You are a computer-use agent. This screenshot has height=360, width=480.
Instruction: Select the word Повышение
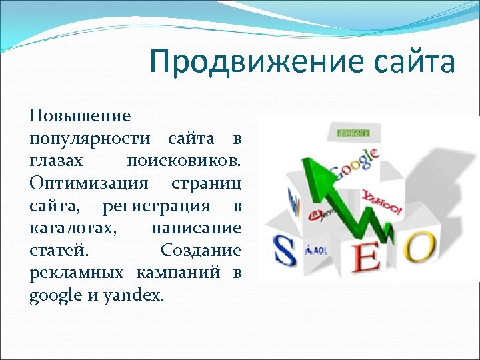point(79,116)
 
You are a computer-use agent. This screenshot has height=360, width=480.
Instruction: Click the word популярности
point(89,139)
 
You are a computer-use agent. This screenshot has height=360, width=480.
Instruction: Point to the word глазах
point(57,161)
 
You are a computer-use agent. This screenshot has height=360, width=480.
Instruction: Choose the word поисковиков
point(183,161)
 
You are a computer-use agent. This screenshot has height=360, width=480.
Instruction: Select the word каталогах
point(73,229)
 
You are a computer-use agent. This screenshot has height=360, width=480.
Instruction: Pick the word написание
point(195,229)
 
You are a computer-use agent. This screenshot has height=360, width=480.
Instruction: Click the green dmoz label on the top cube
point(353,133)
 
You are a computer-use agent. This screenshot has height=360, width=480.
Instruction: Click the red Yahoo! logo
point(382,203)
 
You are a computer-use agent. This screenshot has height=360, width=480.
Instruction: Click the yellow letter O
point(421,246)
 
